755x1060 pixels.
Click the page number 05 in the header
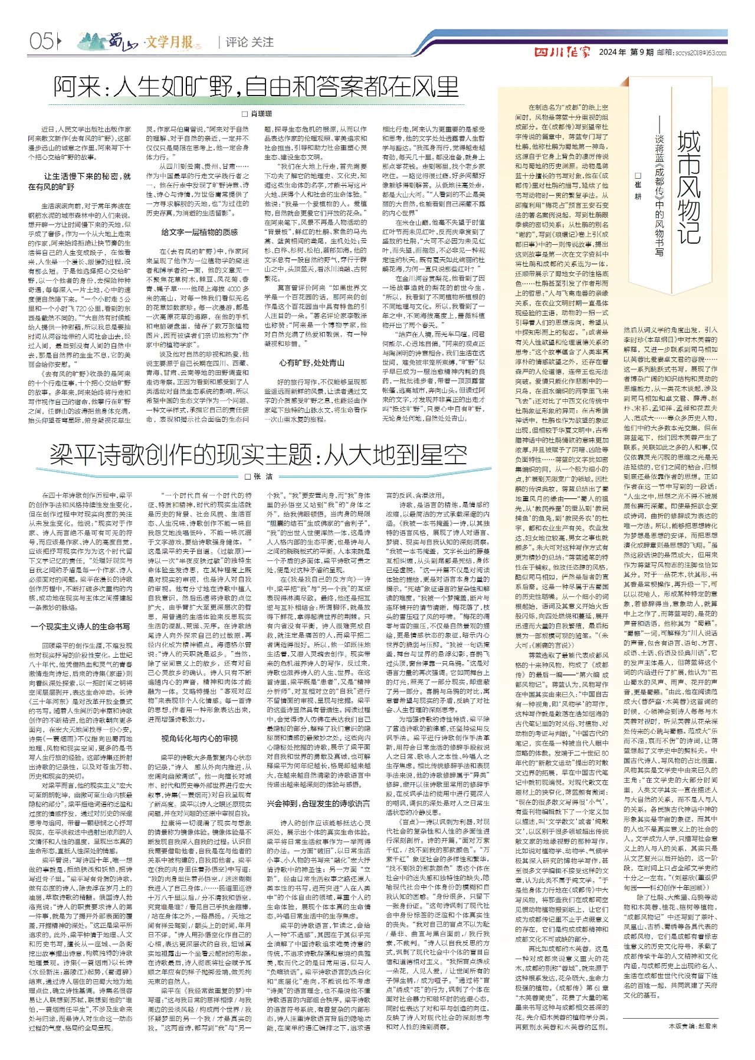pos(41,41)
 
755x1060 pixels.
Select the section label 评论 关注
pos(250,42)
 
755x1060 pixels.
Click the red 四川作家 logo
pos(562,52)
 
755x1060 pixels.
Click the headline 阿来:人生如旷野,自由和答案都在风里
pos(256,87)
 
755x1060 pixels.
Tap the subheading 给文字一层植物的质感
pos(199,232)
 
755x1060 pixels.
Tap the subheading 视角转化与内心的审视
pos(199,738)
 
